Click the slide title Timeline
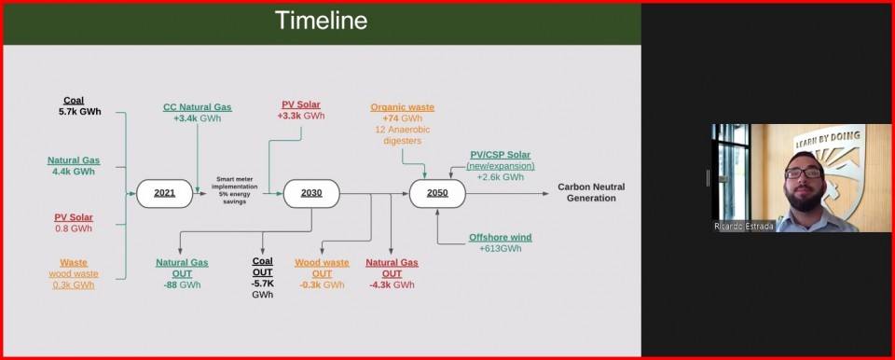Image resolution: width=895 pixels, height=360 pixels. click(321, 21)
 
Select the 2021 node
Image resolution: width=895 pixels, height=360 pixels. click(164, 193)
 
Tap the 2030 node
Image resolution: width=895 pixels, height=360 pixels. click(311, 193)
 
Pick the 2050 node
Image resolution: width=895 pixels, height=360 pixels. click(437, 193)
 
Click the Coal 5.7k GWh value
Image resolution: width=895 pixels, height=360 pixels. click(80, 111)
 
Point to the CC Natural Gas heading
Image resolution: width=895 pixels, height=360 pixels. click(198, 107)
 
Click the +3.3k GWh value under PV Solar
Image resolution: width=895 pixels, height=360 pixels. click(301, 116)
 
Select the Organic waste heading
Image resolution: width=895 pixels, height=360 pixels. click(403, 107)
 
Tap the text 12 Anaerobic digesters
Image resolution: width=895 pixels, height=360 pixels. click(403, 135)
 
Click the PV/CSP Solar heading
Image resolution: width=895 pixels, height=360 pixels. click(501, 155)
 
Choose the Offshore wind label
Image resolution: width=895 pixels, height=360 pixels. click(501, 237)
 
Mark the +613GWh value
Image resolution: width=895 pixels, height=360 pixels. click(501, 249)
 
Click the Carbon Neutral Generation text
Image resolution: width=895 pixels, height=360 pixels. click(591, 192)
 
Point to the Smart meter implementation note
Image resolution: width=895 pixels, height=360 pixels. click(235, 190)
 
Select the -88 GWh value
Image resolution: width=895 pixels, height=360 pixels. click(182, 284)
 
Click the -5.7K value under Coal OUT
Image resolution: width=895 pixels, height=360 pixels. click(263, 284)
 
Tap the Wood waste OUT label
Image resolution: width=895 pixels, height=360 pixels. click(322, 268)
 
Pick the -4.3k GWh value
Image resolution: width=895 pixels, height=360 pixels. click(392, 284)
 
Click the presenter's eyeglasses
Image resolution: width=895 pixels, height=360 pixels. click(803, 173)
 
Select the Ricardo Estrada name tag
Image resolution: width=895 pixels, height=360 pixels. click(744, 227)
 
